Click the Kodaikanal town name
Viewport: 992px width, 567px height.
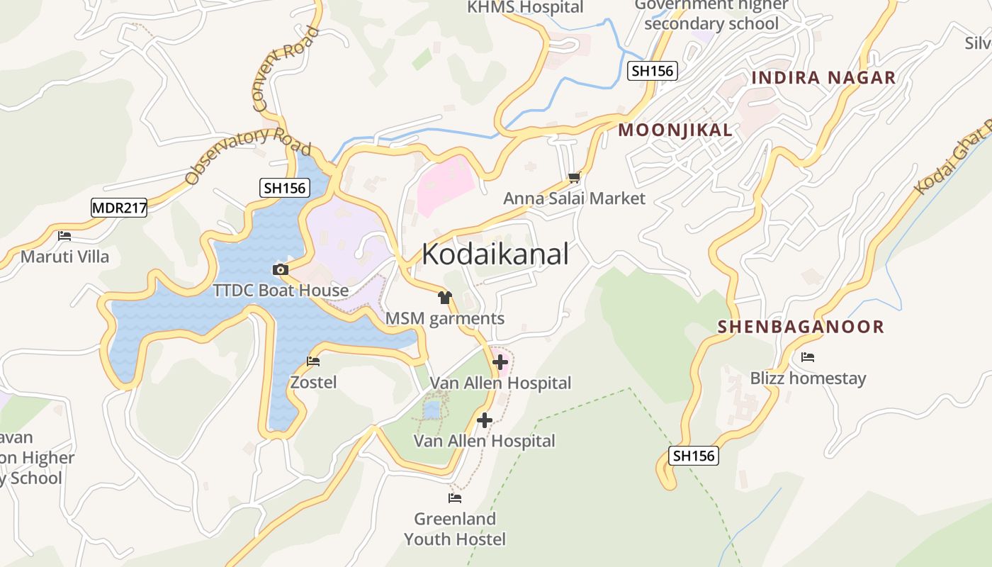[x=495, y=254]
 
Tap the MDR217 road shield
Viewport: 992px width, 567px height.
[x=118, y=208]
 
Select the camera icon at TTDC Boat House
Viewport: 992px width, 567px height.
[x=281, y=269]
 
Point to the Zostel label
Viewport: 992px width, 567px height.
[x=313, y=383]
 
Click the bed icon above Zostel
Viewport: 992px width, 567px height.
[x=313, y=361]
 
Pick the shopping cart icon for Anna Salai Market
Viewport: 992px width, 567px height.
[x=574, y=177]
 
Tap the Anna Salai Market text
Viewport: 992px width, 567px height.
[x=574, y=198]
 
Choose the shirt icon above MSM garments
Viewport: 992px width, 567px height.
[x=444, y=298]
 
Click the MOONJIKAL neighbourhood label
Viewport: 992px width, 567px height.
[x=675, y=130]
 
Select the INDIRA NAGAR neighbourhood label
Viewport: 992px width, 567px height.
[x=823, y=77]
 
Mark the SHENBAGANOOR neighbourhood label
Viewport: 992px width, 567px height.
[x=801, y=327]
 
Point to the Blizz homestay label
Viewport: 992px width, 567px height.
[x=808, y=378]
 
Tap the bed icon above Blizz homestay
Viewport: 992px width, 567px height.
[x=807, y=357]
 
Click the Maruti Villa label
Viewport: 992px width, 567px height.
[x=64, y=257]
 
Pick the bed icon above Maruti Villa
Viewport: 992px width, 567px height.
[x=64, y=235]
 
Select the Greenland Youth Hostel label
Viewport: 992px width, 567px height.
[x=455, y=529]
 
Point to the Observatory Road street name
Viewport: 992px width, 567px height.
[x=248, y=155]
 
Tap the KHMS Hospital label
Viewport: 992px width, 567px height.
[x=524, y=7]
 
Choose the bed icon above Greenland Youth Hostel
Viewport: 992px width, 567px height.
[x=455, y=498]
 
